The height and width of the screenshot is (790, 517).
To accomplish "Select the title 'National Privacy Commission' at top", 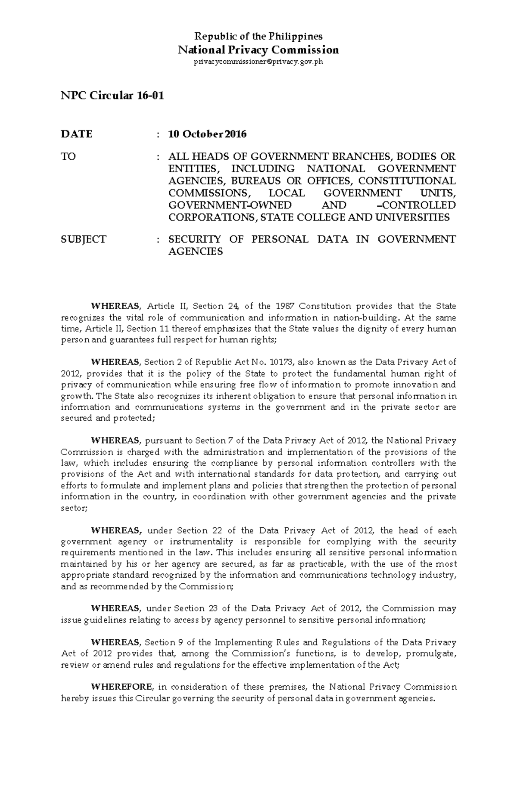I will point(258,50).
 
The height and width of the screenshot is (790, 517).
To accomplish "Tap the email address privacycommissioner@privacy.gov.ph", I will point(258,62).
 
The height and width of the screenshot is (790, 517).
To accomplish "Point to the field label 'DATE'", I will point(77,134).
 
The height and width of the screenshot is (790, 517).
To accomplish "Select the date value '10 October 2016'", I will point(208,134).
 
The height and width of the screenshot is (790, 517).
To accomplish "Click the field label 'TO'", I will point(69,156).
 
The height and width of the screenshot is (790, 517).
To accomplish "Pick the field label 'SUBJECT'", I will point(84,239).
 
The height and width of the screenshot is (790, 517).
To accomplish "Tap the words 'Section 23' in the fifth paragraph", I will point(196,609).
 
